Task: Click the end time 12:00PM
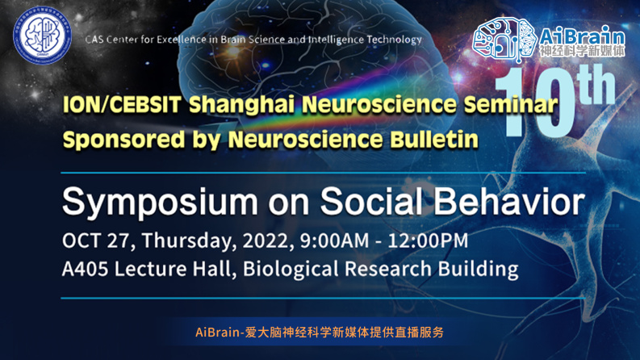[x=428, y=241]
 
